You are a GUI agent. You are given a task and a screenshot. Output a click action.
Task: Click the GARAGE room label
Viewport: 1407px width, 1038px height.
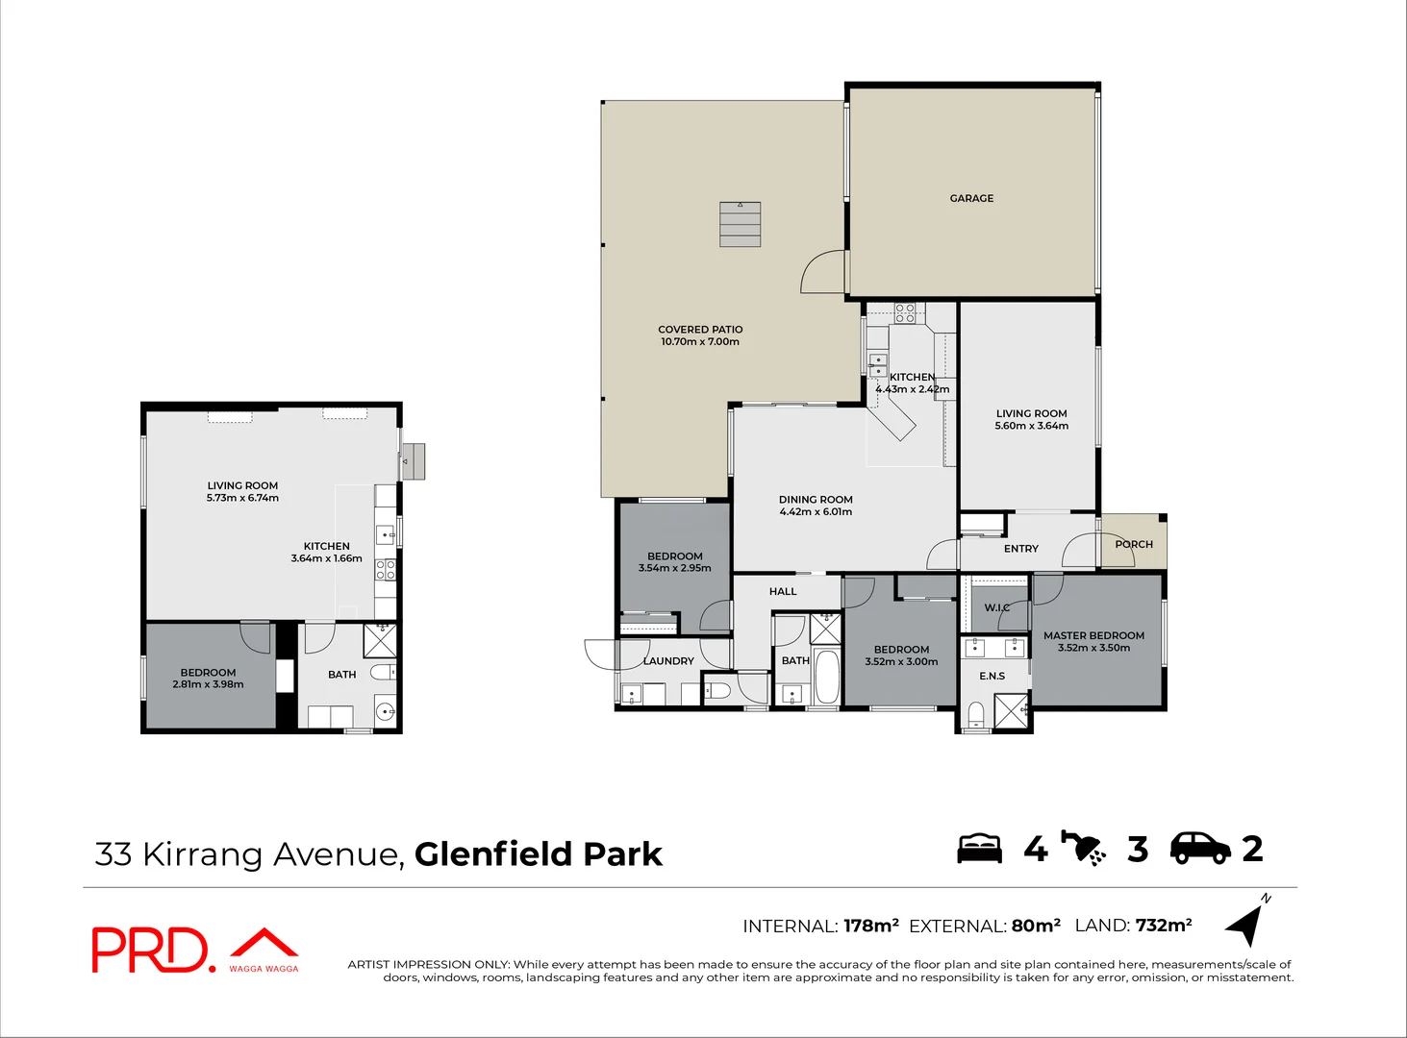971,198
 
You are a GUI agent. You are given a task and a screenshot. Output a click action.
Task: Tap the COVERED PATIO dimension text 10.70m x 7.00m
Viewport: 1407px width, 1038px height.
700,342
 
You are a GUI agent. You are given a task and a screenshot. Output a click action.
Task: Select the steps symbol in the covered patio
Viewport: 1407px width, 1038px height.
740,224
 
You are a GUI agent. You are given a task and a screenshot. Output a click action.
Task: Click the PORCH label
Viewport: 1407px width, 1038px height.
1134,544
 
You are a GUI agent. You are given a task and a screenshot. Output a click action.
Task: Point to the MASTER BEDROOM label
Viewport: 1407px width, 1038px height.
1093,635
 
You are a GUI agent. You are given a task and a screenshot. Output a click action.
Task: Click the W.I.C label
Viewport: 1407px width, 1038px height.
996,607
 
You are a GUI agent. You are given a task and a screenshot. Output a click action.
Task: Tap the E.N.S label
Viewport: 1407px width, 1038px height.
992,676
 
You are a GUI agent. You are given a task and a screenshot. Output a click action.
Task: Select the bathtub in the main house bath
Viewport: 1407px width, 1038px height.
826,677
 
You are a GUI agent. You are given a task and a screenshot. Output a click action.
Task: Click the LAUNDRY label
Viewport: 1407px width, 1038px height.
667,661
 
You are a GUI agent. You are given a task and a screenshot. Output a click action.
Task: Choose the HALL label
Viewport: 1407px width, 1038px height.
783,591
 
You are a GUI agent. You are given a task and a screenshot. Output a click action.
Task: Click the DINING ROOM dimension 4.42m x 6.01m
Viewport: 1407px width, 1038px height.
816,512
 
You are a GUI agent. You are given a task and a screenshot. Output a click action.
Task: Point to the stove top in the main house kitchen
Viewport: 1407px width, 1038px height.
904,312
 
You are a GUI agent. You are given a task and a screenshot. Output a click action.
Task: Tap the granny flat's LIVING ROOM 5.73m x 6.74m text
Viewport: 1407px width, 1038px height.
242,498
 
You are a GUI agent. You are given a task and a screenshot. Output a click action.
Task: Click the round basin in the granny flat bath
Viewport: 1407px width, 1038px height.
384,712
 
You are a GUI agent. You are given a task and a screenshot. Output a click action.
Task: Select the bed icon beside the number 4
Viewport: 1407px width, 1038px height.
979,849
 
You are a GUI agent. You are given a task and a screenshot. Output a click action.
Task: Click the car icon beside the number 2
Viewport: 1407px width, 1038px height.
1199,848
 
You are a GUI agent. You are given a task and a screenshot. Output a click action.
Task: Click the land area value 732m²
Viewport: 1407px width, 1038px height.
1164,926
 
